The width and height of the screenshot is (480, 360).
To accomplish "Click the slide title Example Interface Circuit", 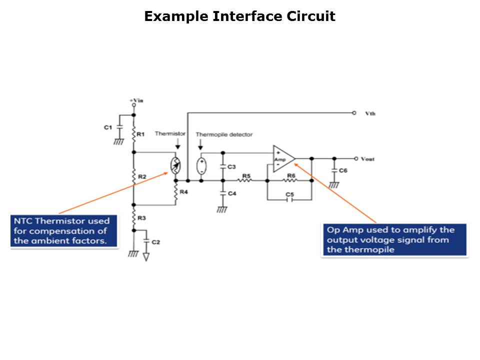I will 239,16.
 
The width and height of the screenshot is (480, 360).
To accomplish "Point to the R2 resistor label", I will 142,177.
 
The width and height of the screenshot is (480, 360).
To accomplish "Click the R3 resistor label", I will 142,218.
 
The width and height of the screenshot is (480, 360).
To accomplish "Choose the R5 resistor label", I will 246,175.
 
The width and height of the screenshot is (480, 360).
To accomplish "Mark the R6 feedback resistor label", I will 291,175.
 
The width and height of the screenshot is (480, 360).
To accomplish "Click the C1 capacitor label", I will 107,127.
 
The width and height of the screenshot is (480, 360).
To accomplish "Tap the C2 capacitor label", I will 155,242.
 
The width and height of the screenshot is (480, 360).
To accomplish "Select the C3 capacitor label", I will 231,166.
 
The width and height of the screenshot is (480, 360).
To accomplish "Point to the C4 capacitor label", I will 231,193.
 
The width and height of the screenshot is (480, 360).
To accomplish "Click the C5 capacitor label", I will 289,193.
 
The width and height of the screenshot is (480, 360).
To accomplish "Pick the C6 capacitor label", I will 343,170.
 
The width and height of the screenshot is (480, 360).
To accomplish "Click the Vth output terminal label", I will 370,113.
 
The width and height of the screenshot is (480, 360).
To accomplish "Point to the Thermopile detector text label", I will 224,134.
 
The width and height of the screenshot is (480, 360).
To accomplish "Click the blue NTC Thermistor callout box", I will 64,231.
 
